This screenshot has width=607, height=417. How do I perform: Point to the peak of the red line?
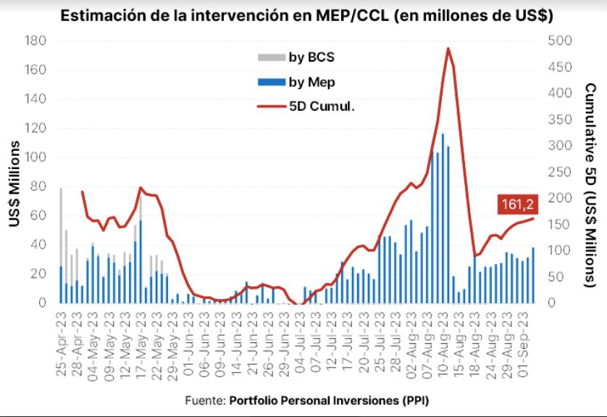point(448,49)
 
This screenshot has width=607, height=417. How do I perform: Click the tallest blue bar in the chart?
point(443,218)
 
